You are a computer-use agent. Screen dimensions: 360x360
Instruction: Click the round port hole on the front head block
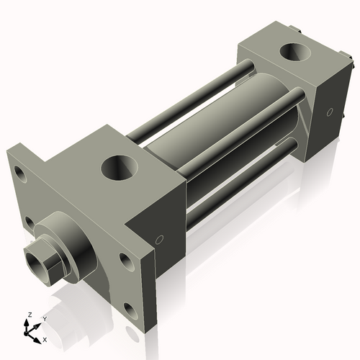tap(118, 168)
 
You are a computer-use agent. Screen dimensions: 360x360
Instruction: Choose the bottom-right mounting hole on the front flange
tap(130, 310)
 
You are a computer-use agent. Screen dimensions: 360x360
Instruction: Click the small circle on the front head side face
tap(160, 240)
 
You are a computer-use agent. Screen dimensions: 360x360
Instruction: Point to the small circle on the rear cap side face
tap(330, 112)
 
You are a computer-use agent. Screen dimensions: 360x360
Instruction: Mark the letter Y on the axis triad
tap(44, 318)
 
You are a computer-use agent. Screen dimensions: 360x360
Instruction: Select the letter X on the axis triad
tap(45, 338)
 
